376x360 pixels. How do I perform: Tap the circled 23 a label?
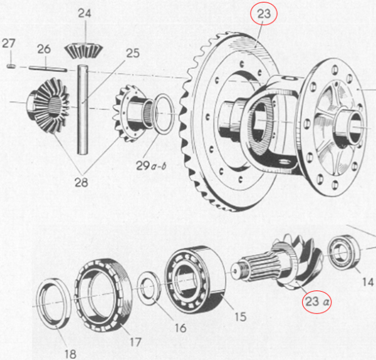(317, 302)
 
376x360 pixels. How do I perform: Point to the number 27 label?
(8, 43)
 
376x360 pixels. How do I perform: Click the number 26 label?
(43, 48)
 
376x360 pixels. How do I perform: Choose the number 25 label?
(132, 53)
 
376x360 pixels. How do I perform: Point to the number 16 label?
(180, 327)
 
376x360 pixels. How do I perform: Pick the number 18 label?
(70, 354)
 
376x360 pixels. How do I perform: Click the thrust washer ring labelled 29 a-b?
(164, 113)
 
